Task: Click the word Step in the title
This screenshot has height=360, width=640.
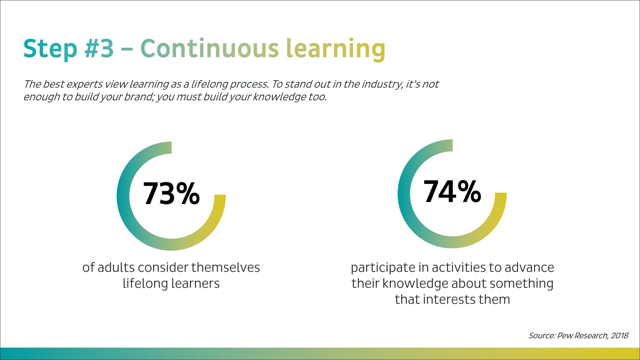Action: tap(50, 49)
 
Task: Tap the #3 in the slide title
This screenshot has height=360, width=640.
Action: tap(99, 48)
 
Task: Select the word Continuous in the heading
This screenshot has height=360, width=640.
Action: tap(209, 48)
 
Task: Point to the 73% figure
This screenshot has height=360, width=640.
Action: tap(171, 194)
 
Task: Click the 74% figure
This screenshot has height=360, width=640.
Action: tap(452, 191)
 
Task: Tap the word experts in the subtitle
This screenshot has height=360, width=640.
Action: tap(84, 84)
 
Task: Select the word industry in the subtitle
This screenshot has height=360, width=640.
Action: tap(382, 84)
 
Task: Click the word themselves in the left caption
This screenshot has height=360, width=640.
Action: tap(226, 267)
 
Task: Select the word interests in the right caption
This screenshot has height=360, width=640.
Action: tap(450, 300)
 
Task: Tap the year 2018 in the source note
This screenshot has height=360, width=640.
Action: tap(619, 336)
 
